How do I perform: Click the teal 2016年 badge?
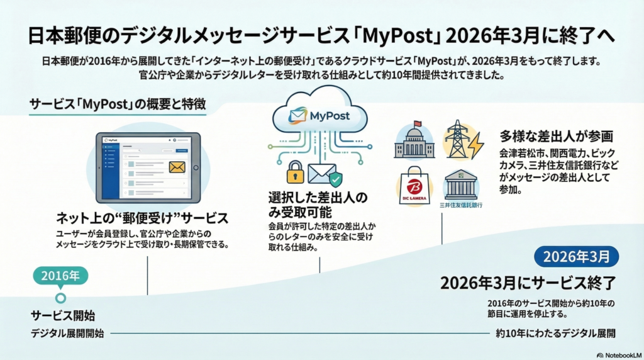[60, 276]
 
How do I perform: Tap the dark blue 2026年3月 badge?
[576, 256]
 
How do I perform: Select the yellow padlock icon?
[296, 172]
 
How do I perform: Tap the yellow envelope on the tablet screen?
[179, 168]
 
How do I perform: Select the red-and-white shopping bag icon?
[414, 186]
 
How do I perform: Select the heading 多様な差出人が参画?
[557, 136]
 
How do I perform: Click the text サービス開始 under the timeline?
[63, 315]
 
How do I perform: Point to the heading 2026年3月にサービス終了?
[526, 283]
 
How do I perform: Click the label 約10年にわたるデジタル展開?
[555, 333]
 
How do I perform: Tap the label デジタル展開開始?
[67, 333]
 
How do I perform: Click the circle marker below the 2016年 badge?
[60, 298]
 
